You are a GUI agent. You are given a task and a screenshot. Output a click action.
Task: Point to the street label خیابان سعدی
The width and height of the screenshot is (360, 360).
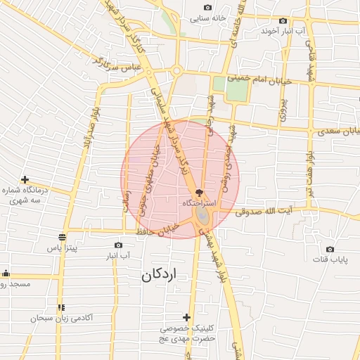coord(336,131)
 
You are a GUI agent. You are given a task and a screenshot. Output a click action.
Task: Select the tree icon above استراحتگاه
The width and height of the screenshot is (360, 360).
coord(199,192)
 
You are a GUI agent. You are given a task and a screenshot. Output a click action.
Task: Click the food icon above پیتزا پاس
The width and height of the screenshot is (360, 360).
coord(62,237)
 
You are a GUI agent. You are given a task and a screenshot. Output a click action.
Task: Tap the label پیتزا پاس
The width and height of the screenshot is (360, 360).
coord(62,248)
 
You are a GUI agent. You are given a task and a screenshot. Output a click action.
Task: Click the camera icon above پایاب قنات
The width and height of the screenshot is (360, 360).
coord(330,249)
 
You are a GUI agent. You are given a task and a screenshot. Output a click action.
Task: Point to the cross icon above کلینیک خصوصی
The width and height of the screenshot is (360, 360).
coord(186,317)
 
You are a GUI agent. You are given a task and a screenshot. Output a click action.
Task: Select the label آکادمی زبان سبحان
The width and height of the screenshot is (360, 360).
coord(62,319)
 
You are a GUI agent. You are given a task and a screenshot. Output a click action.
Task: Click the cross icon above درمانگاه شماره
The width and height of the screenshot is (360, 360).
coord(25,180)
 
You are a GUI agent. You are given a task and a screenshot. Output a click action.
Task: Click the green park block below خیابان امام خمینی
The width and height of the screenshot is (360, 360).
coord(220,84)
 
